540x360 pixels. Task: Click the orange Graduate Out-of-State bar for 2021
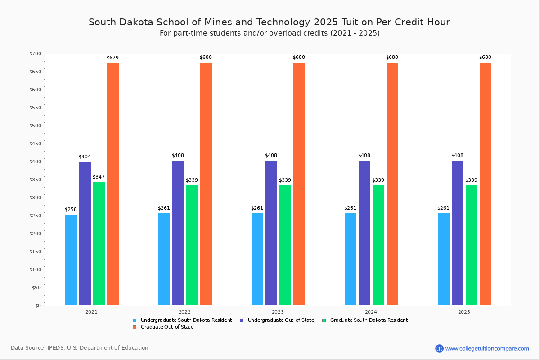[113, 184]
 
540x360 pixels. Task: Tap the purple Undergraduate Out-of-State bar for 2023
[271, 233]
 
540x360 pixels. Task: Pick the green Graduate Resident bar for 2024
[378, 245]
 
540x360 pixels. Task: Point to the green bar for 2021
[99, 243]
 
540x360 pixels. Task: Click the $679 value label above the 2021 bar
[112, 58]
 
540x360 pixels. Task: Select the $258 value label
[71, 209]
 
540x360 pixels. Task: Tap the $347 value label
[99, 177]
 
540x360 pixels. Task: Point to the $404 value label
[85, 157]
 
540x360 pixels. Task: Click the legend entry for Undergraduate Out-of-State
[277, 320]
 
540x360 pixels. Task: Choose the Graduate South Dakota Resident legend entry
[369, 320]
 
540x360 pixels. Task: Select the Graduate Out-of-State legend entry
[167, 327]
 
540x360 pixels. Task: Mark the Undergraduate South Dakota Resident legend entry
[186, 320]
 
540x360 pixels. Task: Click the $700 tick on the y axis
[36, 54]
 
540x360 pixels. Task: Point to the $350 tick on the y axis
[36, 180]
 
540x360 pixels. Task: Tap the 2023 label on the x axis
[278, 311]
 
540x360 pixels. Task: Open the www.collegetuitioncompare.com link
[487, 348]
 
